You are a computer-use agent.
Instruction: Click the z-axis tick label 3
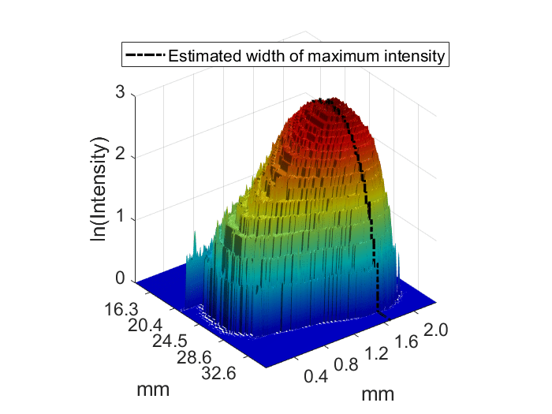[x=120, y=91]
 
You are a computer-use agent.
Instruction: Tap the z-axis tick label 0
[x=120, y=278]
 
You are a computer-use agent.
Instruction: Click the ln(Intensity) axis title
[x=99, y=189]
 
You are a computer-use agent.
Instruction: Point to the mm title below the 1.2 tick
[x=377, y=392]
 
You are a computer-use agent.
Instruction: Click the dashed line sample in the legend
[x=144, y=56]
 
